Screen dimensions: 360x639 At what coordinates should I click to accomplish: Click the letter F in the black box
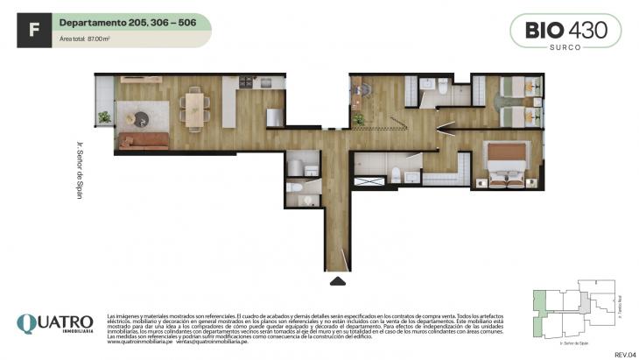(x=33, y=30)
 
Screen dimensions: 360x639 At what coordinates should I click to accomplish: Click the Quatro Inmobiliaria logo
(x=54, y=326)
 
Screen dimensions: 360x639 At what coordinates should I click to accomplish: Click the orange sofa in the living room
(x=143, y=141)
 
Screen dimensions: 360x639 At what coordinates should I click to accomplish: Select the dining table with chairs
(x=193, y=107)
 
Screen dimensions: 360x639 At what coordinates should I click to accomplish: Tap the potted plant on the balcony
(x=105, y=116)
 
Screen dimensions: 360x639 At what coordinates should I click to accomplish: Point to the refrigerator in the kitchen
(x=274, y=116)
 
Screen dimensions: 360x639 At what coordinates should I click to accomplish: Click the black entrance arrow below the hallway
(x=336, y=281)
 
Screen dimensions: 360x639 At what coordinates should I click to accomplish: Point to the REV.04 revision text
(x=624, y=353)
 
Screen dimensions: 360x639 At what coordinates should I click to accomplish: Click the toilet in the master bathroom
(x=396, y=175)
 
